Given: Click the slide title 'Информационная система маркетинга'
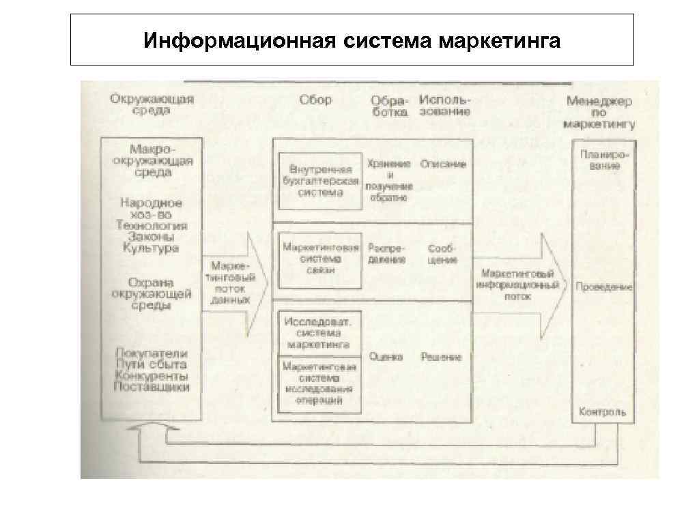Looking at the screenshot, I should click(352, 41).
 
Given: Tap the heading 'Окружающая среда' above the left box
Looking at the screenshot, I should click(152, 104).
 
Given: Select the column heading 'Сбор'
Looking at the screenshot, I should click(315, 100).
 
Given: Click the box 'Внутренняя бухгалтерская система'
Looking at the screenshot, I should click(320, 181).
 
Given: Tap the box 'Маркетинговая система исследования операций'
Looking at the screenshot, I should click(319, 383).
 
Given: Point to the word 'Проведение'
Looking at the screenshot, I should click(604, 287).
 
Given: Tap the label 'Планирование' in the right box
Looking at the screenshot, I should click(601, 160).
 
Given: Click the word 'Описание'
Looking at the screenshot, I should click(444, 164).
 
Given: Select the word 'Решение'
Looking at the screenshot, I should click(441, 357).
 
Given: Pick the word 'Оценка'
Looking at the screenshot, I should click(386, 357).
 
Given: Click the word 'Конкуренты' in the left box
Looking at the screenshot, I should click(152, 376).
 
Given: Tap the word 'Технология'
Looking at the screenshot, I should click(152, 225).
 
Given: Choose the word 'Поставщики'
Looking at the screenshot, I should click(152, 387).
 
